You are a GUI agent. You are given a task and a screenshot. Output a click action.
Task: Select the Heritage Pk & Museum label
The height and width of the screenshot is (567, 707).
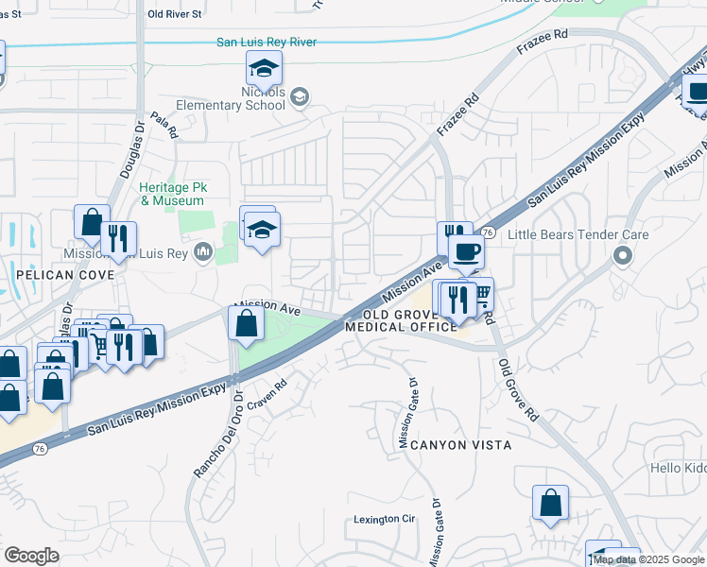click(x=172, y=195)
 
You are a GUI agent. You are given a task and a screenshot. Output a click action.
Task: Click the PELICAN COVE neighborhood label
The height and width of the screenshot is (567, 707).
click(x=64, y=275)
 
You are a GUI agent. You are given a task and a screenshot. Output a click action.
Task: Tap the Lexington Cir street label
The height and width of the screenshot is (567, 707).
click(x=385, y=519)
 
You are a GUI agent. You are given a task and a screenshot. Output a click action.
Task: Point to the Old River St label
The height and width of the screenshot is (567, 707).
click(x=175, y=14)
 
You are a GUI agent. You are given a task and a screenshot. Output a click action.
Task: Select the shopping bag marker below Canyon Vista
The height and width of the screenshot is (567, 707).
click(x=550, y=504)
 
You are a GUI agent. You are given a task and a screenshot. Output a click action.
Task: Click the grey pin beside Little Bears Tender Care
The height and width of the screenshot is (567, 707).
click(x=622, y=256)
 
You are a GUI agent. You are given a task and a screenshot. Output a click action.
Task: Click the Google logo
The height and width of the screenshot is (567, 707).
click(x=32, y=556)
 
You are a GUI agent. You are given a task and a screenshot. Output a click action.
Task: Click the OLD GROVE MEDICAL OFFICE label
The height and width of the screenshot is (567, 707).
click(x=402, y=320)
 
